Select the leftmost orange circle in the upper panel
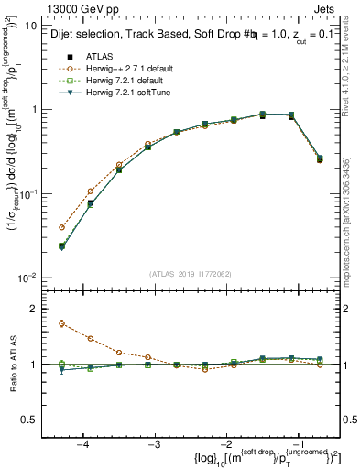tap(61, 227)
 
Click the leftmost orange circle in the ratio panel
tap(61, 323)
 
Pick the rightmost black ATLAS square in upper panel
tap(320, 158)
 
